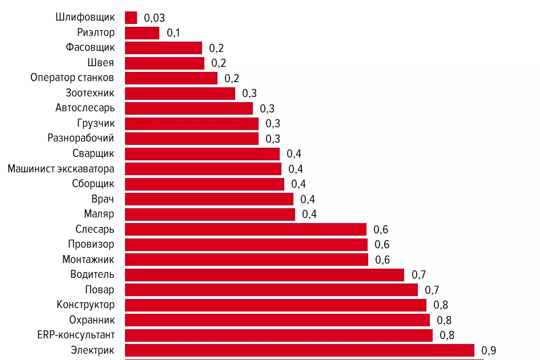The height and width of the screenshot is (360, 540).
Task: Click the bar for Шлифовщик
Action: pos(131,18)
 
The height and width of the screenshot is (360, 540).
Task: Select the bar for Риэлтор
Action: pos(142,33)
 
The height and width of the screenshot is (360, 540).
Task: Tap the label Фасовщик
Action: pos(90,47)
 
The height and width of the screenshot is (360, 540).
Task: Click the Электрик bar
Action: pos(299,350)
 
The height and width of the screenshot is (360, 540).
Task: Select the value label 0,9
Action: pos(489,350)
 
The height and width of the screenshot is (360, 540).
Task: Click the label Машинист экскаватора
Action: pos(61,169)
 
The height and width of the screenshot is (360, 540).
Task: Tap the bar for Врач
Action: pos(209,199)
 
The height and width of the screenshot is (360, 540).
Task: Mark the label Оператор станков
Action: pos(72,78)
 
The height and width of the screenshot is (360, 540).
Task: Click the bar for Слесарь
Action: pos(245,229)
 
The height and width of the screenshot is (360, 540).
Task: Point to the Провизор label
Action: pos(91,244)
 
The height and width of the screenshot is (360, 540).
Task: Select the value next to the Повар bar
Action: pos(432,290)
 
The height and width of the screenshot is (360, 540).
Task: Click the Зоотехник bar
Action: pos(180,93)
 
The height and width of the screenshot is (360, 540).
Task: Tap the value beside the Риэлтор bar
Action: pos(174,33)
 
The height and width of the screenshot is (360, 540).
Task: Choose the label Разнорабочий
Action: pos(81,138)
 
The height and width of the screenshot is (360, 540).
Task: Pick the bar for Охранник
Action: pos(277,320)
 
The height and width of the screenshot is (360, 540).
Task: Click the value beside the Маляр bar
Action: pos(309,215)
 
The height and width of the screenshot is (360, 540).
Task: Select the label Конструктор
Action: pos(86,305)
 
